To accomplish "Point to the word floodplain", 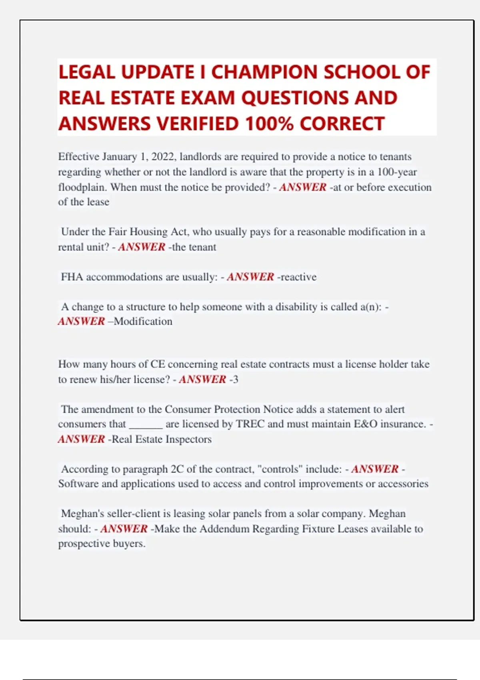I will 82,187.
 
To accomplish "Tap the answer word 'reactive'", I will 298,277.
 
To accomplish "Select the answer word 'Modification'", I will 143,322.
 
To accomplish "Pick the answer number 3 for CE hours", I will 235,379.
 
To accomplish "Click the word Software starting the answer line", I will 78,484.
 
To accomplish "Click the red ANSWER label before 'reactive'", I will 250,277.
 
